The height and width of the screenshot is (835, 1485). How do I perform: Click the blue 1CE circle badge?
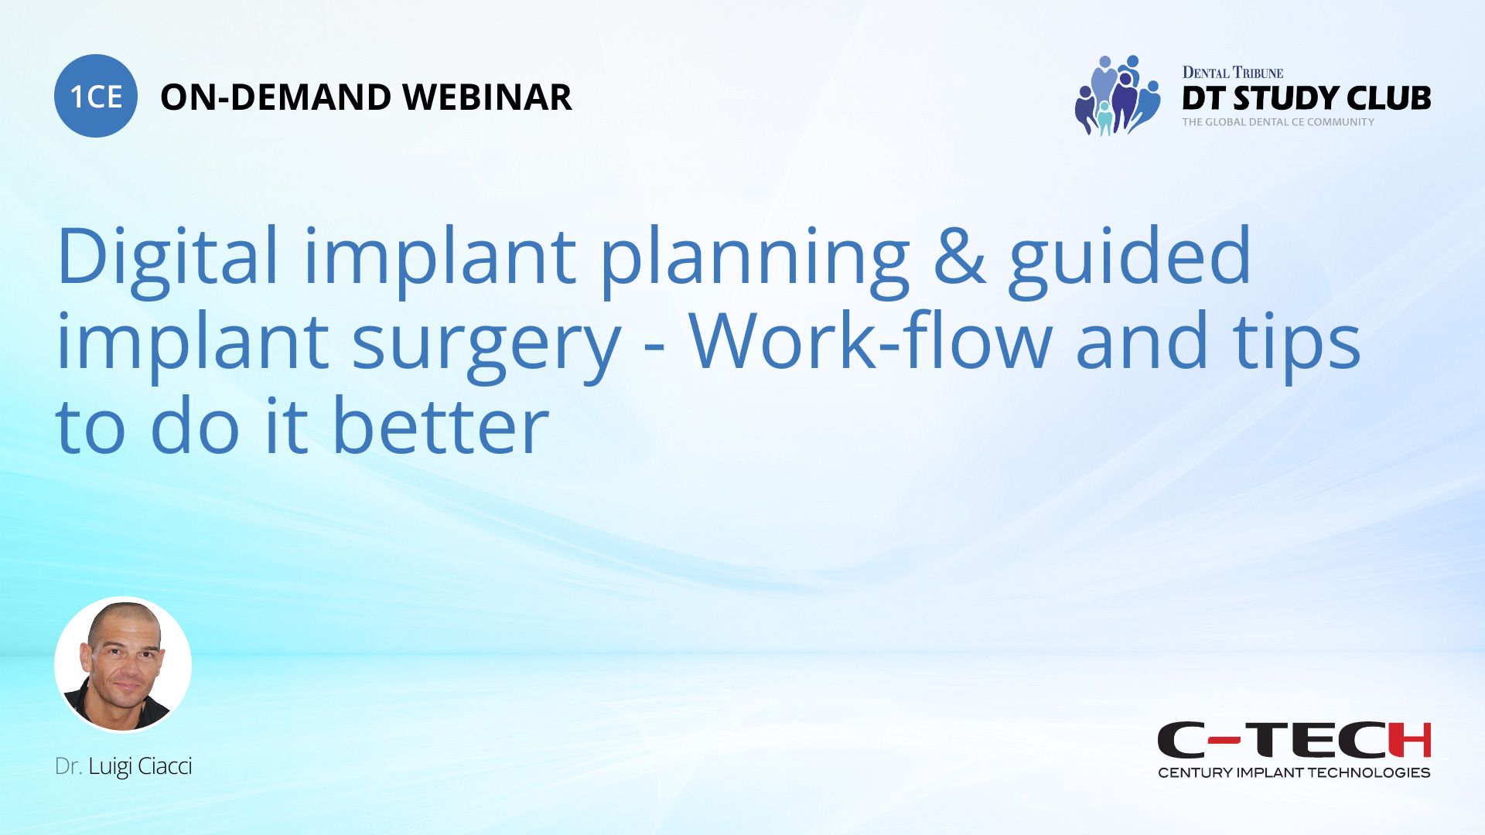pyautogui.click(x=96, y=96)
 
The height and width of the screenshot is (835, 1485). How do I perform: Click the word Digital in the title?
pyautogui.click(x=166, y=257)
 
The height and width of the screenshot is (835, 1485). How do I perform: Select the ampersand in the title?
pyautogui.click(x=959, y=257)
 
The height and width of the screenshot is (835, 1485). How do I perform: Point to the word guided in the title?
pyautogui.click(x=1129, y=257)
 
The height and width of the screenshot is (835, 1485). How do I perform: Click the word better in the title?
pyautogui.click(x=441, y=427)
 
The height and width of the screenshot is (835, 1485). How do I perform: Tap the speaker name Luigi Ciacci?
pyautogui.click(x=140, y=766)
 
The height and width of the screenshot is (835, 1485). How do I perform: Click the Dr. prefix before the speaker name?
pyautogui.click(x=68, y=766)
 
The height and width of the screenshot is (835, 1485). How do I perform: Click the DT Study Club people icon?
pyautogui.click(x=1117, y=96)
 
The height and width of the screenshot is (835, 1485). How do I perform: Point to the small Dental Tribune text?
pyautogui.click(x=1232, y=73)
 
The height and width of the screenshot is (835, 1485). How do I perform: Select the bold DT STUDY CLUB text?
pyautogui.click(x=1306, y=98)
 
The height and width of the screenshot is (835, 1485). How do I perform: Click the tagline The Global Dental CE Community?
pyautogui.click(x=1278, y=122)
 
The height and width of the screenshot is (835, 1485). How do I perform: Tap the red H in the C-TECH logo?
pyautogui.click(x=1409, y=740)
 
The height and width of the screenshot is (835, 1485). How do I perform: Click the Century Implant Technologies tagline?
pyautogui.click(x=1294, y=772)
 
